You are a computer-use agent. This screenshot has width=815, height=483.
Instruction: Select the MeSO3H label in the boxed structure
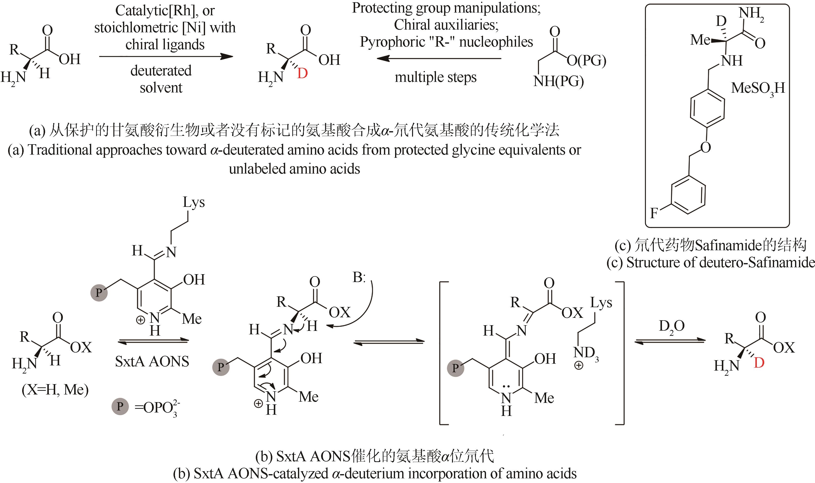(x=758, y=89)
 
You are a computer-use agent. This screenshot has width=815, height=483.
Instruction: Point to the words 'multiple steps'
(x=436, y=77)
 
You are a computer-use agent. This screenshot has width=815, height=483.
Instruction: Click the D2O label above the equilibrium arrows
(x=672, y=326)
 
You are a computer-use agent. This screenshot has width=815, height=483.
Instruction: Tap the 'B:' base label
(x=359, y=277)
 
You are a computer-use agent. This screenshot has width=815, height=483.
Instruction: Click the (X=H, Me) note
(x=55, y=389)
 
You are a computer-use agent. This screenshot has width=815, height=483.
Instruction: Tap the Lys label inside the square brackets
(x=601, y=303)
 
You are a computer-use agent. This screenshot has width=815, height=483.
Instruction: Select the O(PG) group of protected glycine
(x=586, y=61)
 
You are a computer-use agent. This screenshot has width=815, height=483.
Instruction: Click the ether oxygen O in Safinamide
(x=705, y=148)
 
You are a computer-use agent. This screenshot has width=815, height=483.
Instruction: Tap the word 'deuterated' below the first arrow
(x=161, y=71)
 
